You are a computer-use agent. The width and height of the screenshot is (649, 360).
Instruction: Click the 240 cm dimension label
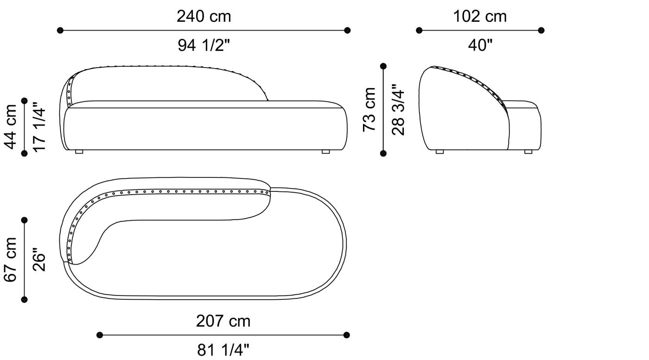204,17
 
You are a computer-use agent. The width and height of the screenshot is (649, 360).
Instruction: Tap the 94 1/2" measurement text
204,45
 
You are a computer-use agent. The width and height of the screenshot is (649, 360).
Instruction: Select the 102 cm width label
480,17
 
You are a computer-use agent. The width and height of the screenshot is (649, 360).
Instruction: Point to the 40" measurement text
480,45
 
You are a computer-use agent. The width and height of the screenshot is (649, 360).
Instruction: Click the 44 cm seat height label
10,127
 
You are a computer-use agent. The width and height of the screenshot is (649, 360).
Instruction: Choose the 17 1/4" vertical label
39,126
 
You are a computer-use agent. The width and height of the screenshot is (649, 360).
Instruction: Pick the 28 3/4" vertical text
398,110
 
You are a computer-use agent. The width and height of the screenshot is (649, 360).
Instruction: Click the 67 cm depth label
10,259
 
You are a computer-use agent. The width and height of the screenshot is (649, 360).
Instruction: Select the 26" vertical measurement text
39,259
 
